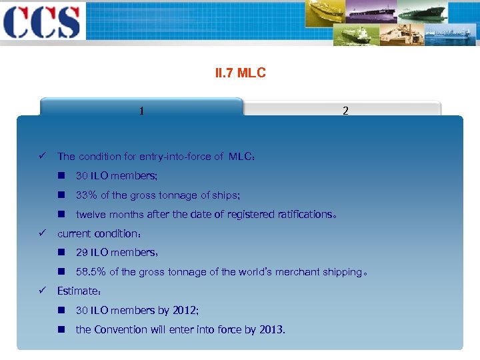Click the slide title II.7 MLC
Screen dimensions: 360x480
[240, 73]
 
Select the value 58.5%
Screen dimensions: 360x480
[91, 272]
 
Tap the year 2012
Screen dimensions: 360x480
[185, 310]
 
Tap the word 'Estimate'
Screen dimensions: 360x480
[77, 291]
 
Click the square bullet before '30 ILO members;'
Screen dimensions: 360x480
[61, 176]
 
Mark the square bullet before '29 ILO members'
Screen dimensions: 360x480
[61, 253]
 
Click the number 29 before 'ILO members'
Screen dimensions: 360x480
[82, 253]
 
